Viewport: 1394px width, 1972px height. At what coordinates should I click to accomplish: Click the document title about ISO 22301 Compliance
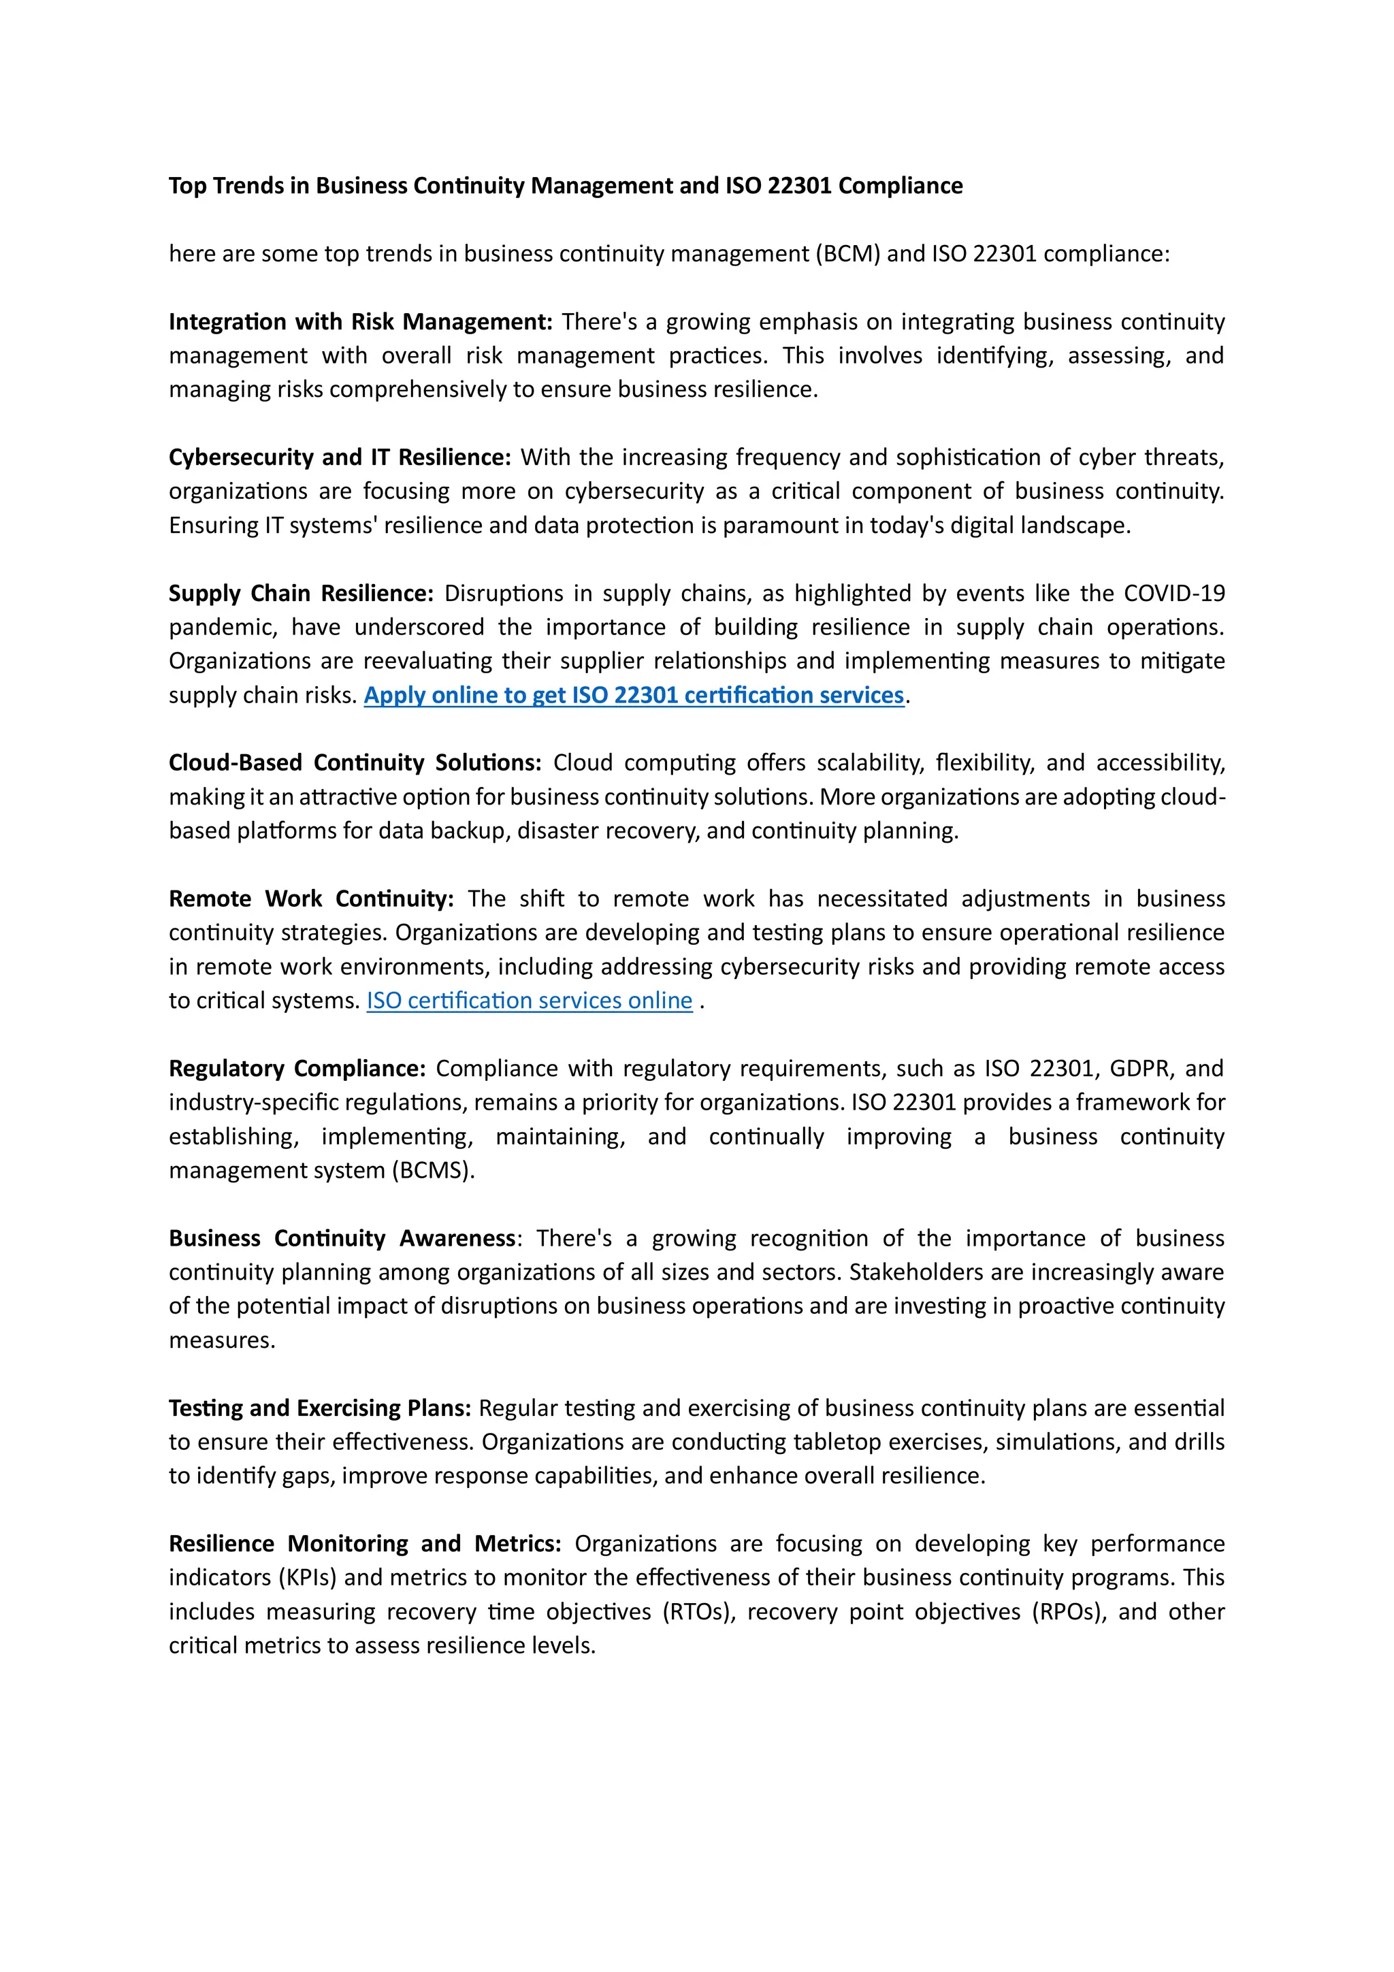click(565, 186)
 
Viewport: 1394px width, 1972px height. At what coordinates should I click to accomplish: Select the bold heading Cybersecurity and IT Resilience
click(339, 457)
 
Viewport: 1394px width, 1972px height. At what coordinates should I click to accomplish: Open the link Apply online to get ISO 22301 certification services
click(634, 695)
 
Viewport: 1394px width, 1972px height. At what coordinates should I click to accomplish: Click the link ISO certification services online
click(529, 1001)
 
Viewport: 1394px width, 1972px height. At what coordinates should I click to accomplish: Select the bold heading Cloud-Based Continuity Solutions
click(355, 762)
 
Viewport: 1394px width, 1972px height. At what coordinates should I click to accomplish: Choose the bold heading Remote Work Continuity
click(311, 899)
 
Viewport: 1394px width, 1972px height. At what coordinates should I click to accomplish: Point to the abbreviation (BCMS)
click(433, 1171)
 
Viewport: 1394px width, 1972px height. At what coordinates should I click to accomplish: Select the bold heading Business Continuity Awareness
click(341, 1238)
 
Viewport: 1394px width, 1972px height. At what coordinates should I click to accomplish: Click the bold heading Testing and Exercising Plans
click(319, 1408)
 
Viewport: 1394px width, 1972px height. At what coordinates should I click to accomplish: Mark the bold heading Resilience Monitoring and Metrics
click(364, 1543)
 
